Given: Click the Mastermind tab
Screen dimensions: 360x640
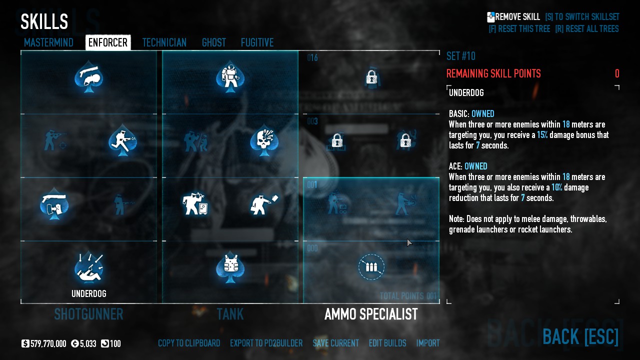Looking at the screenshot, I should pos(48,42).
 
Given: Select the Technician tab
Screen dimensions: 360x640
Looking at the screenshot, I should pos(164,42).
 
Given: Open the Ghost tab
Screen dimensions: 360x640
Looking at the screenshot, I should pos(213,42).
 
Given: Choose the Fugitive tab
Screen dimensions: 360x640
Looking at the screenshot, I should pos(257,42).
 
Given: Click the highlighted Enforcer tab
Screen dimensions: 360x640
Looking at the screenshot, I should pos(108,42).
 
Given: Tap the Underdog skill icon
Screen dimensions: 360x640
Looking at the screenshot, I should pos(89,267).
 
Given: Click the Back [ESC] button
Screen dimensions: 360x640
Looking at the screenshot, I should pos(580,336).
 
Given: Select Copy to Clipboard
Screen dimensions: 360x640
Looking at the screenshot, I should pos(189,343).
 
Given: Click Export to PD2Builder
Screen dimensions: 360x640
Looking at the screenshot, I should pos(266,343).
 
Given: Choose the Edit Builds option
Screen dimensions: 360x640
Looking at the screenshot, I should pos(387,343).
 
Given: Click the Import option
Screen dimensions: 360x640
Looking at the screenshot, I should pos(428,343).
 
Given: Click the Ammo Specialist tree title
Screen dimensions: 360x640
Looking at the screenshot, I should pos(371,314).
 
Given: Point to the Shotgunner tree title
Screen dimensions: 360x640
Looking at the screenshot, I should pos(88,314).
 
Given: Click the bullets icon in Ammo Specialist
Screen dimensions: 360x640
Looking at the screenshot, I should pos(371,267).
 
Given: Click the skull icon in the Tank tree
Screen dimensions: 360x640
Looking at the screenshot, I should pos(264,141).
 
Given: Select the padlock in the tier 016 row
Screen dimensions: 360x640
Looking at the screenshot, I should pos(371,77).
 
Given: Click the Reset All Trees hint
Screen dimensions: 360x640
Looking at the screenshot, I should pos(586,29).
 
